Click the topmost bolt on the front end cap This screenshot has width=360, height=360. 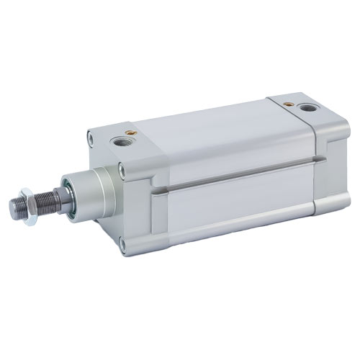tap(89, 135)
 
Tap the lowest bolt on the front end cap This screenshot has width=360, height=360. tap(123, 246)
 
